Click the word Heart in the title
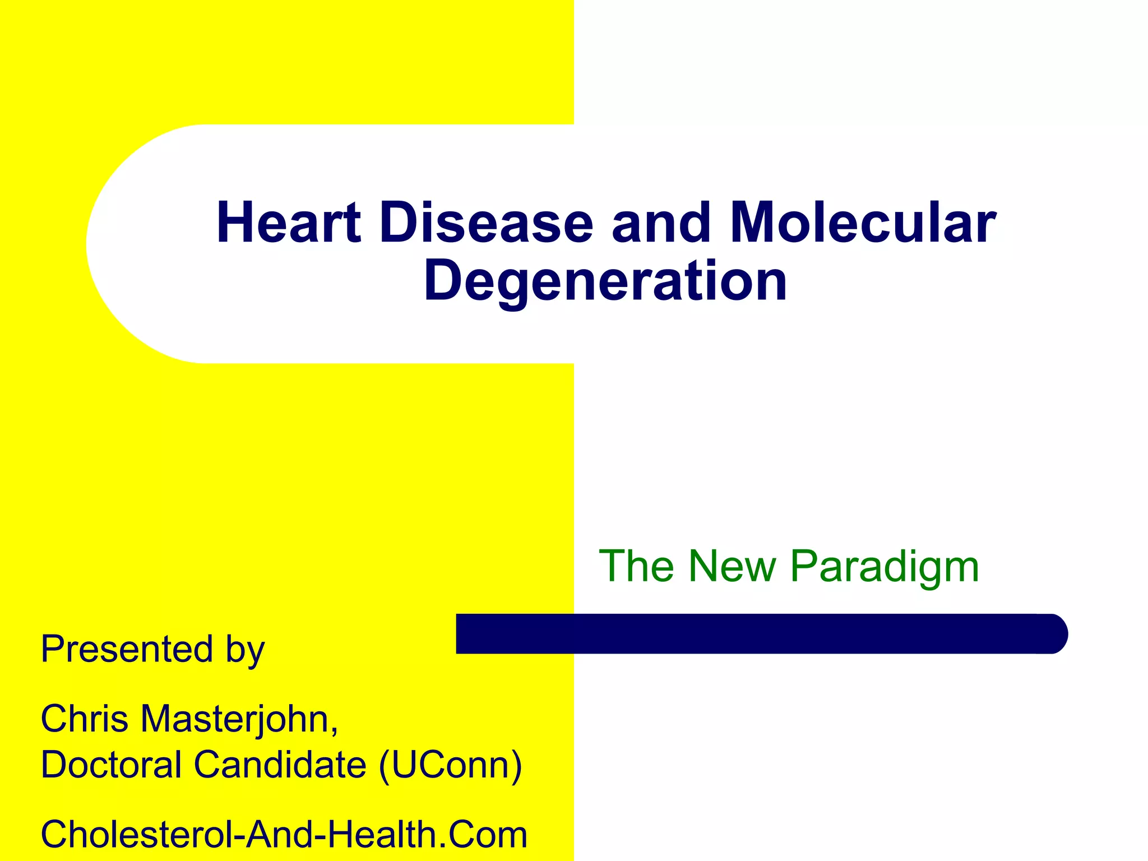point(288,223)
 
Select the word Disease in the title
point(485,223)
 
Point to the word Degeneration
point(605,281)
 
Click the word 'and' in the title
point(661,223)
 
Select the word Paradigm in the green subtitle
point(884,567)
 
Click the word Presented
point(127,649)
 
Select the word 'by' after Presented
point(245,651)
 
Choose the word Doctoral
point(111,765)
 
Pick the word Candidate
point(280,765)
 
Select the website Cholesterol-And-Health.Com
point(284,834)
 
